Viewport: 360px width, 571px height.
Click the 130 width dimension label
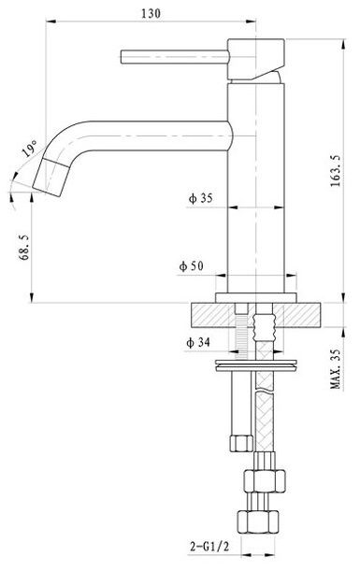click(151, 13)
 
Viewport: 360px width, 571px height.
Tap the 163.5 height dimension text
click(336, 171)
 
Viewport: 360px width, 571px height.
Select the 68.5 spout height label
click(24, 248)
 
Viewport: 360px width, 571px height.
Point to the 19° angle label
click(30, 148)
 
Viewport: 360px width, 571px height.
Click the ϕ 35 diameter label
click(200, 198)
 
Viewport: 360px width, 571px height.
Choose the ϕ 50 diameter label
click(192, 266)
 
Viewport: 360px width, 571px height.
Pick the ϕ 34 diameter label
click(198, 342)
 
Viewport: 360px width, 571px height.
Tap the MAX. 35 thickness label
click(336, 368)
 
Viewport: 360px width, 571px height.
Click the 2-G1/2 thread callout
click(209, 547)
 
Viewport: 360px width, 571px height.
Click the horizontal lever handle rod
click(175, 57)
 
